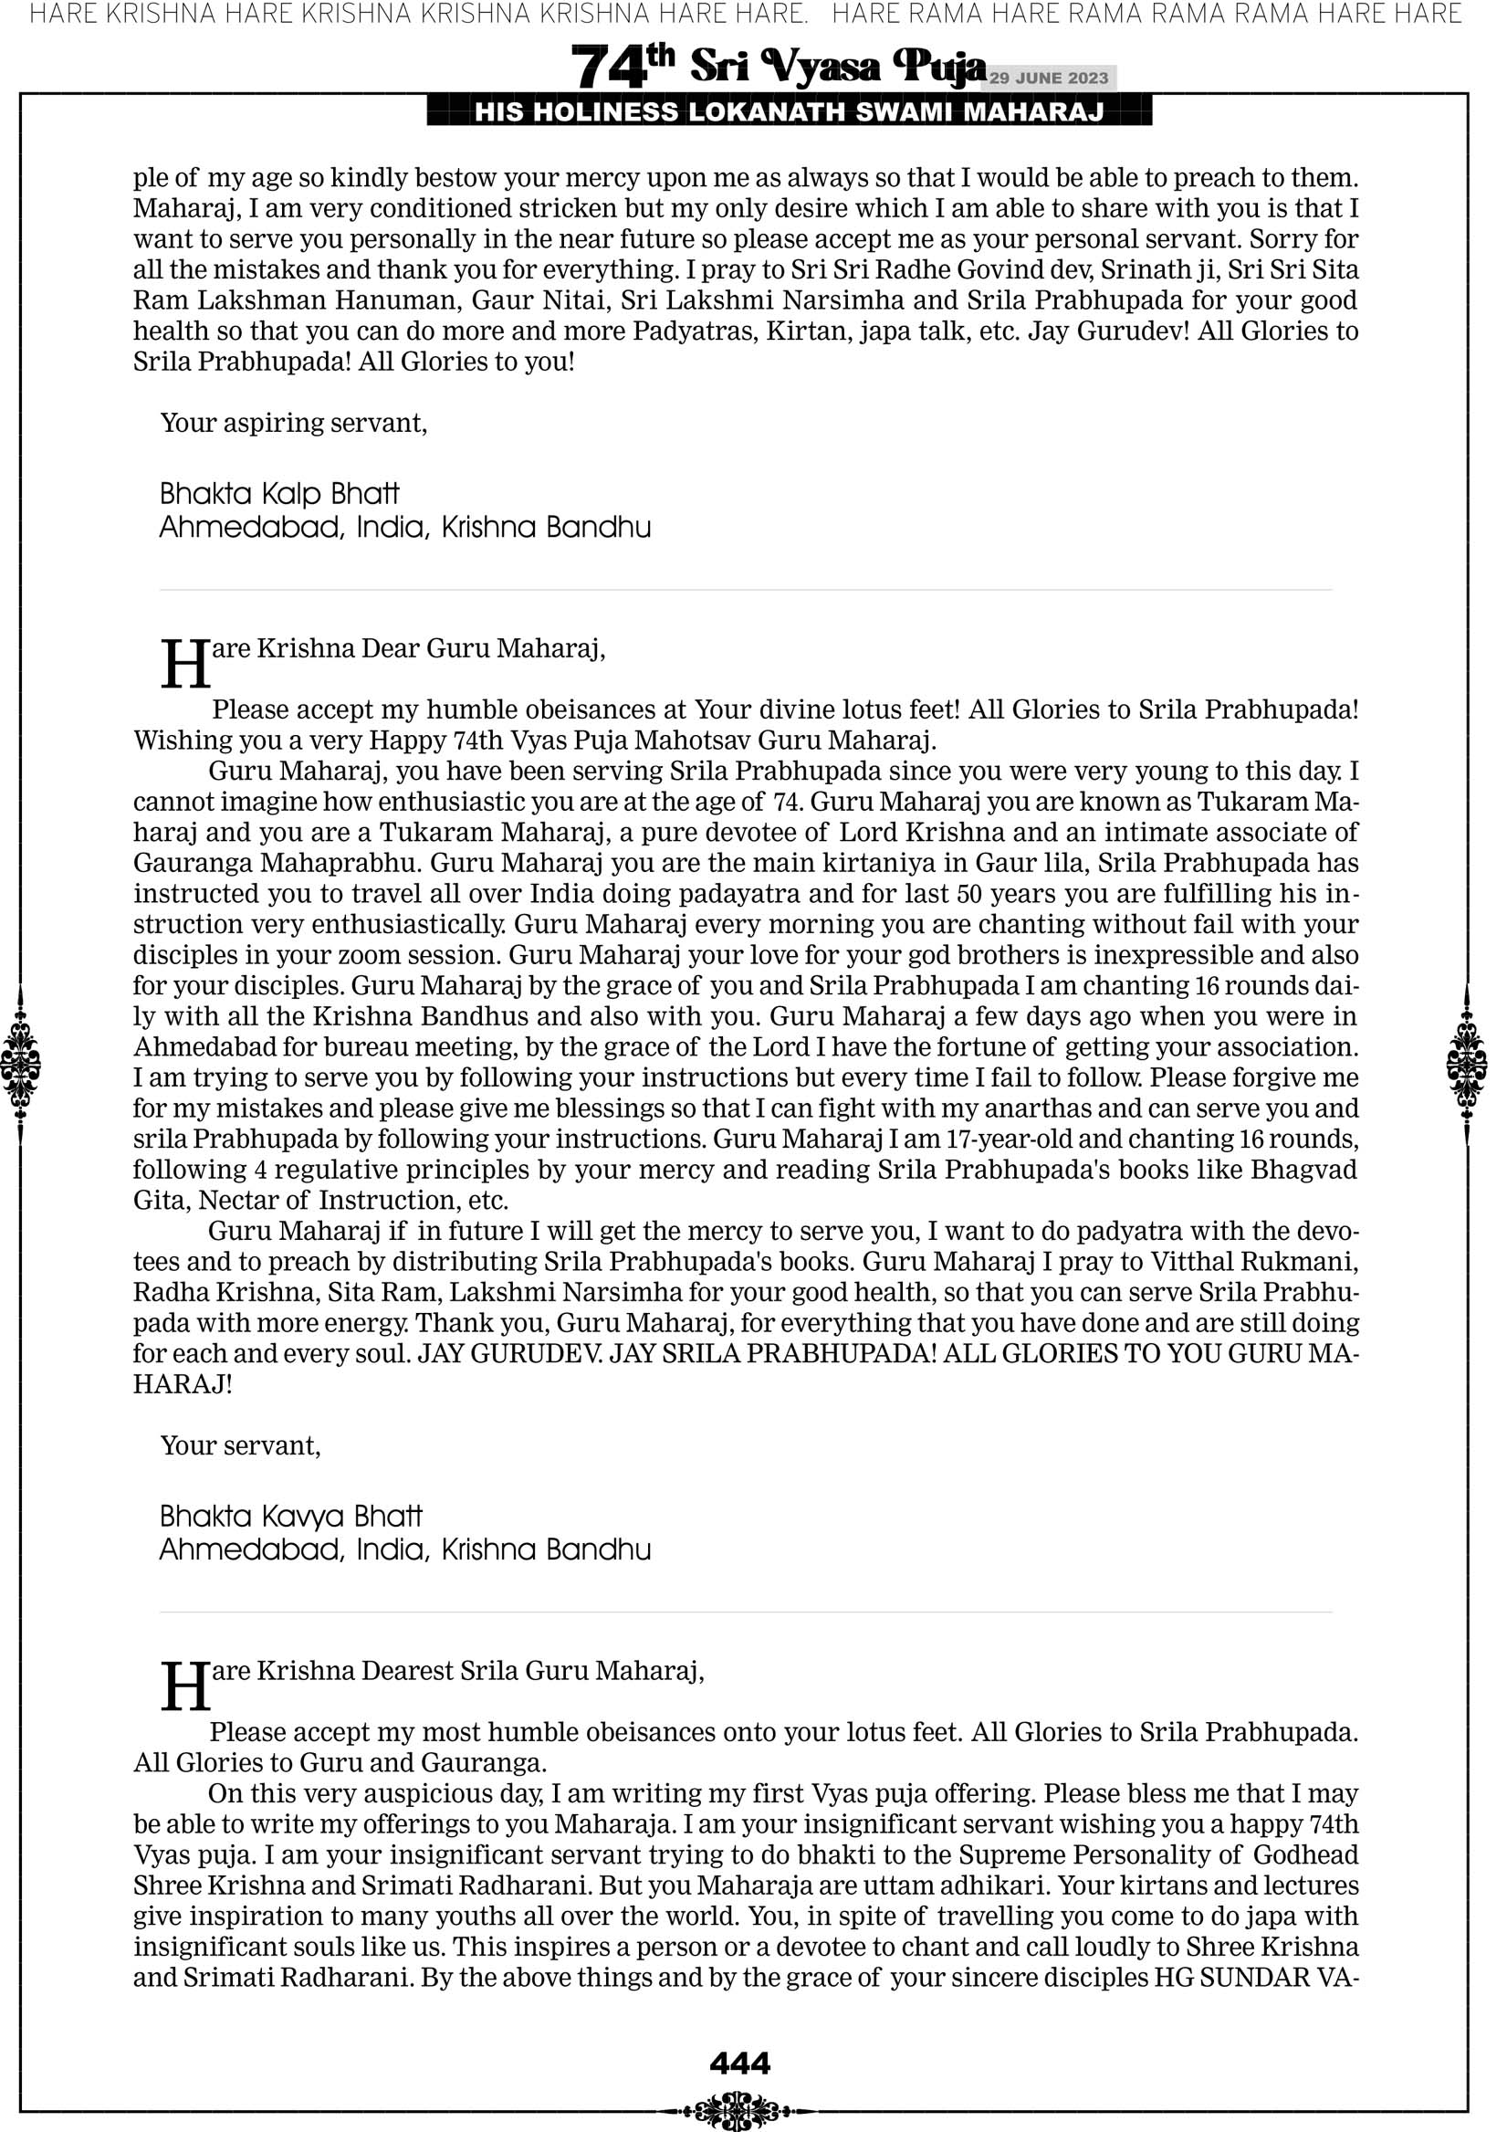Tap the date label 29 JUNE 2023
click(1048, 78)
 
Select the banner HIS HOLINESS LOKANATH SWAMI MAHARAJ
click(790, 112)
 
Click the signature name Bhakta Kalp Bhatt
click(279, 493)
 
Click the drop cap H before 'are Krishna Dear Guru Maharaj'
click(184, 665)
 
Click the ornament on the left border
click(20, 1063)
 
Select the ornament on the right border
click(1467, 1063)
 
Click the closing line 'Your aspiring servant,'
click(293, 424)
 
